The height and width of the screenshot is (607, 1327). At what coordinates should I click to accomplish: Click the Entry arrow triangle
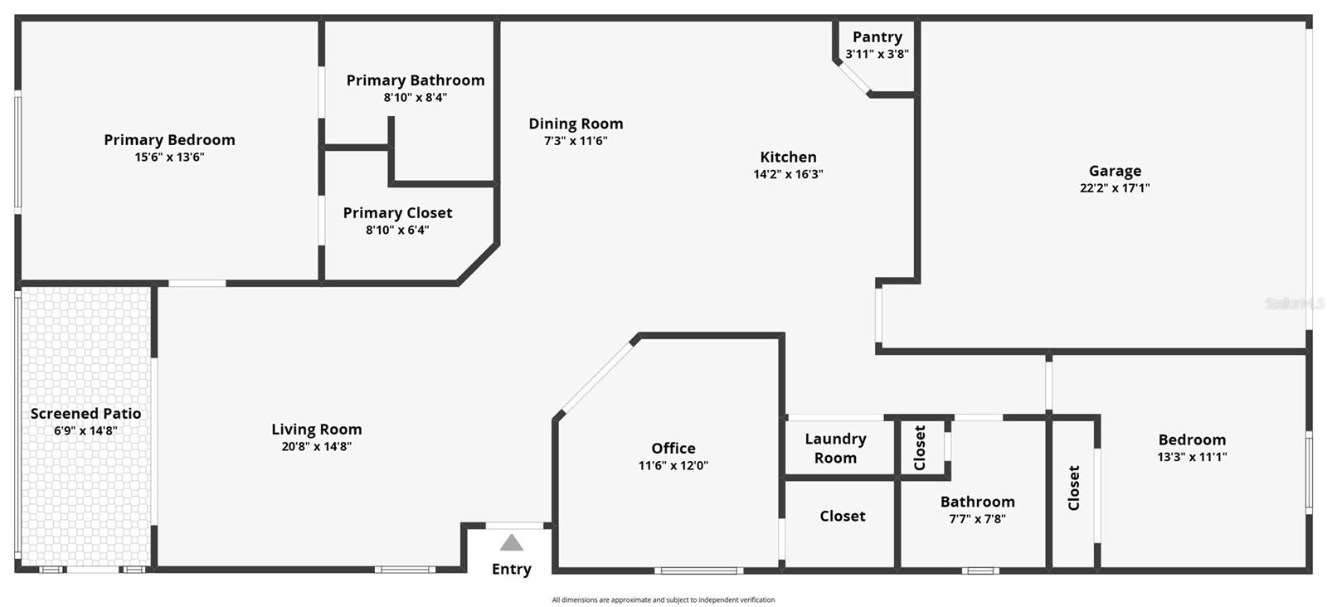tap(512, 543)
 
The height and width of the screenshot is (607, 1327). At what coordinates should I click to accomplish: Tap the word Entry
tap(511, 569)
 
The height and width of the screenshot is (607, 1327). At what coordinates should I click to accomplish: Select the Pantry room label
tap(877, 36)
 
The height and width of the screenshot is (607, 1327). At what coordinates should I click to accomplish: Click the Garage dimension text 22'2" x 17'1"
tap(1115, 188)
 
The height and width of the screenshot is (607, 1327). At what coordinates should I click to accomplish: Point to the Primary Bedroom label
tap(169, 139)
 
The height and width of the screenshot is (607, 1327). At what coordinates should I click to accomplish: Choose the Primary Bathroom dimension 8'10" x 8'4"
tap(415, 97)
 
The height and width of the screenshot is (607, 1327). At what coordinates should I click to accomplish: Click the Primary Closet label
tap(397, 212)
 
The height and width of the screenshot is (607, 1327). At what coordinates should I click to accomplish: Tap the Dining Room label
tap(576, 124)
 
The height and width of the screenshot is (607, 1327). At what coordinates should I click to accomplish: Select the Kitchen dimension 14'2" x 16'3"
tap(788, 174)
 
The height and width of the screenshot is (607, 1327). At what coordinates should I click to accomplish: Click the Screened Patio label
tap(85, 413)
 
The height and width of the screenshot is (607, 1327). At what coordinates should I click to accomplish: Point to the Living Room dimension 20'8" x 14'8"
tap(316, 446)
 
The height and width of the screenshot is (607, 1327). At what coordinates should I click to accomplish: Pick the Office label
tap(673, 448)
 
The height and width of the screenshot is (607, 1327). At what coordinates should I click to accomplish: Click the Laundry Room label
tap(835, 448)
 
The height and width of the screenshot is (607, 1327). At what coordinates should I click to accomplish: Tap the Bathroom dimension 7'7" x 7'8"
tap(977, 519)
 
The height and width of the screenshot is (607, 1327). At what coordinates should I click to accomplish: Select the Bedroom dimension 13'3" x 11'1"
tap(1192, 457)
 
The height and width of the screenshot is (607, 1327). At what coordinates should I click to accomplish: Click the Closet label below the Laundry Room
tap(842, 516)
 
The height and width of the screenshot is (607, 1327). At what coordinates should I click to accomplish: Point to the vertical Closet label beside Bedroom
tap(1073, 488)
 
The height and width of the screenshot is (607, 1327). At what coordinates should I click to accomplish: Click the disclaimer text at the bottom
tap(663, 600)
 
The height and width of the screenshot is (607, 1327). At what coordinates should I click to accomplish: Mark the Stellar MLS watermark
tap(1294, 303)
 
